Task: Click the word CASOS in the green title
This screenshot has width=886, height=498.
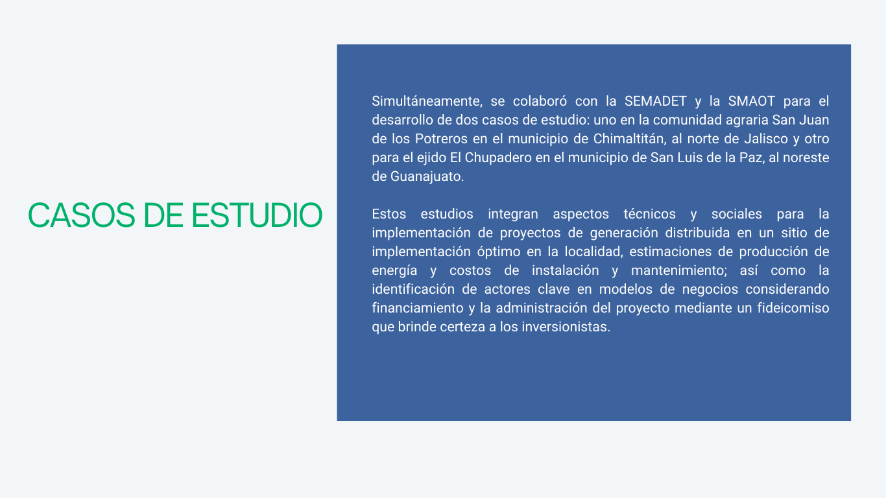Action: (82, 215)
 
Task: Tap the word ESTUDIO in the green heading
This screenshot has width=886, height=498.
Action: (257, 215)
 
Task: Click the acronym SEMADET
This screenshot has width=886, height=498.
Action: (655, 101)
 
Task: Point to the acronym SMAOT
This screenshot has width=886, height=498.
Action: (752, 101)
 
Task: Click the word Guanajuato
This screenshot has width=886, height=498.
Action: (427, 176)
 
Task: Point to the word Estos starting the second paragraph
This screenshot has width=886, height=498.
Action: (389, 214)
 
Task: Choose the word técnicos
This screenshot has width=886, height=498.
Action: (649, 214)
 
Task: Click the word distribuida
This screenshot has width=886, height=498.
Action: (697, 233)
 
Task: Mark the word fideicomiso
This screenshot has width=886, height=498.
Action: (793, 308)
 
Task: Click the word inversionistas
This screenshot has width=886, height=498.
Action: (566, 327)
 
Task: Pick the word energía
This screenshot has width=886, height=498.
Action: (394, 270)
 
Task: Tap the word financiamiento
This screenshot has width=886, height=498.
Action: (418, 308)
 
